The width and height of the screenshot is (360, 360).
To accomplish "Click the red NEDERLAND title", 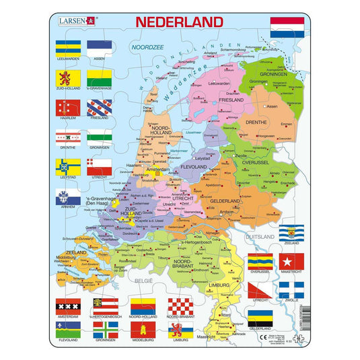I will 179,21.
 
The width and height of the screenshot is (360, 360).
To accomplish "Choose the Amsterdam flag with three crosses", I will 67,308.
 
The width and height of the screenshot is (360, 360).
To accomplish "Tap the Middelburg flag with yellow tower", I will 141,331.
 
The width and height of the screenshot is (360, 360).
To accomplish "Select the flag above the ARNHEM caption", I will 68,196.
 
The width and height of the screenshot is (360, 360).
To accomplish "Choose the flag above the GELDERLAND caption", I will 260,318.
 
